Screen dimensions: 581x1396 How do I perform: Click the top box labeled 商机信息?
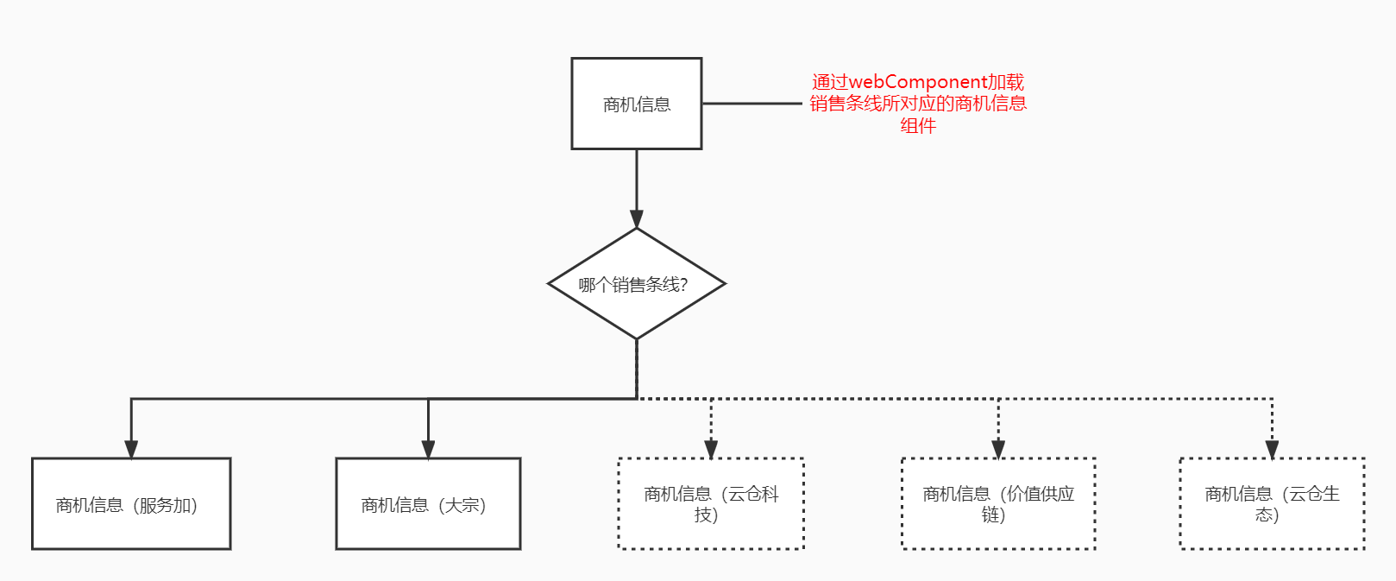637,104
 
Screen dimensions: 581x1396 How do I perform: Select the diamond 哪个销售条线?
637,284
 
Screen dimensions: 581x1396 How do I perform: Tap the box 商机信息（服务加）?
131,504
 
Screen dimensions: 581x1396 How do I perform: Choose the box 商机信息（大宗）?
428,504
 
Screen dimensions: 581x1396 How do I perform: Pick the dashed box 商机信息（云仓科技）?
711,504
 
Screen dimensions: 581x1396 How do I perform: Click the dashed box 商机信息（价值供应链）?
998,504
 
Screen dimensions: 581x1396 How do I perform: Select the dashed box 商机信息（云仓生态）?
1272,504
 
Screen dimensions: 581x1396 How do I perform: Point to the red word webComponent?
917,82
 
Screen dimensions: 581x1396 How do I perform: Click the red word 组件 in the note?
918,126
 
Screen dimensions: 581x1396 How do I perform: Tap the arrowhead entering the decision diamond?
637,218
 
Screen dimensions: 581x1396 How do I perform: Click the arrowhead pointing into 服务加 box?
131,449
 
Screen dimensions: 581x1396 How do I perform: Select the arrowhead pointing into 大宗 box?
428,449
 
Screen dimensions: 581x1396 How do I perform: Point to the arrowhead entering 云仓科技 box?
711,449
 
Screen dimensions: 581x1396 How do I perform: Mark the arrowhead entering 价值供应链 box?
998,449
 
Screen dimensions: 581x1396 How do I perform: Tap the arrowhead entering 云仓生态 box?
1272,449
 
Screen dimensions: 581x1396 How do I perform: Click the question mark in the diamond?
683,285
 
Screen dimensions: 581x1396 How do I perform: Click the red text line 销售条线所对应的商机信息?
918,104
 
